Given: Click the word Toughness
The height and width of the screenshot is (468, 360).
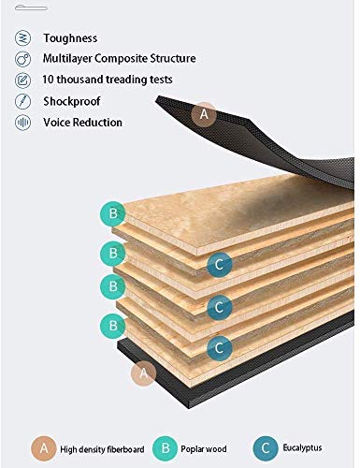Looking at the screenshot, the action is point(70,38).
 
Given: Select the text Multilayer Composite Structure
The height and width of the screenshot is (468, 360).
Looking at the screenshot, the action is point(120,58).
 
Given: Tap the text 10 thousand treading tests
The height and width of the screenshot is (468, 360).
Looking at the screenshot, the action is point(108,80).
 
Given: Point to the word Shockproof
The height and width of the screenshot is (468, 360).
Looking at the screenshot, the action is point(72,101).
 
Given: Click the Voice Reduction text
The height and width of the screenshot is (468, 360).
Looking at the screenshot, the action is point(82,122).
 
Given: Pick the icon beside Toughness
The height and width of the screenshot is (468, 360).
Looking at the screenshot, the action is point(23,38).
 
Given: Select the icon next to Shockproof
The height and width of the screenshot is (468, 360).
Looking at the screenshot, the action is point(23,101).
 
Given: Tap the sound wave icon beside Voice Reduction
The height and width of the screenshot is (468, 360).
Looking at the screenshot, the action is point(23,122).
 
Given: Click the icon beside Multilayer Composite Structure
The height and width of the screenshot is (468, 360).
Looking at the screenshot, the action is point(23,59).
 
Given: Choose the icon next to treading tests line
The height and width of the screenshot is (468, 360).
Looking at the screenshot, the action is point(23,80).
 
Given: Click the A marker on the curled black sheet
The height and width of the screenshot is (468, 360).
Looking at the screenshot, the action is point(204,114).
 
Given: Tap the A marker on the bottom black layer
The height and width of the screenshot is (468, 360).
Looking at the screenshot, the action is point(143,373).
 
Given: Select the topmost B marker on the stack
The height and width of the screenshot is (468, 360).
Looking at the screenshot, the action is point(113,213).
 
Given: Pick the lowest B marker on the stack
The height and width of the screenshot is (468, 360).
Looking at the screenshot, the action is point(113,326).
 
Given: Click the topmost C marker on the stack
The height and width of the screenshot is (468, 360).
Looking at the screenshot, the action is point(220,265).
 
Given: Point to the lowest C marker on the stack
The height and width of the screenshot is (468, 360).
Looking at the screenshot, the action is point(220,348).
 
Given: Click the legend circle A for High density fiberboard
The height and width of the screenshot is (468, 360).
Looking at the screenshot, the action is point(44,448).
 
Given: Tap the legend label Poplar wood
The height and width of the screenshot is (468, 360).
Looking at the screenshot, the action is point(204,449).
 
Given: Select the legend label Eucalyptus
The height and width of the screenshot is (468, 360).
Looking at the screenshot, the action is point(302,448).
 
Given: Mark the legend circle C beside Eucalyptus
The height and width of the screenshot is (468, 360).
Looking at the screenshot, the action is point(266,448).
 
